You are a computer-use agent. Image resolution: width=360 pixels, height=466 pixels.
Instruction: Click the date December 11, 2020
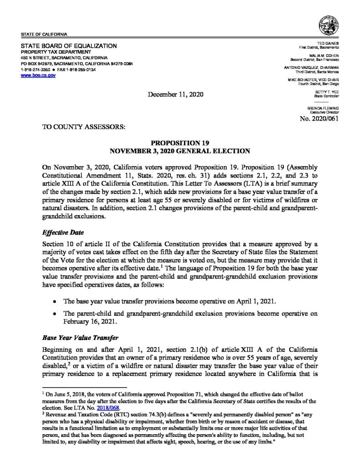pyautogui.click(x=176, y=95)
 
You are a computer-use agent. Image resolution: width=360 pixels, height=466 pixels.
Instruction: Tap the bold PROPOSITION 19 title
pyautogui.click(x=180, y=142)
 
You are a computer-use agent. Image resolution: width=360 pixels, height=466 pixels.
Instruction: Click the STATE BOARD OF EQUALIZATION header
pyautogui.click(x=69, y=46)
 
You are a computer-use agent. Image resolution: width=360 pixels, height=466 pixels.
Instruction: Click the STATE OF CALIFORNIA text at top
pyautogui.click(x=44, y=35)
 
